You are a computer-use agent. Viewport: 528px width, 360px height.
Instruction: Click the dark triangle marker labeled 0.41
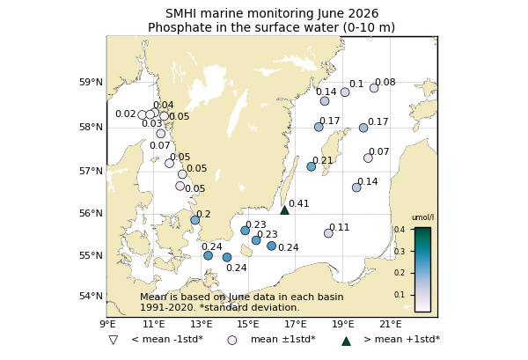click(284, 210)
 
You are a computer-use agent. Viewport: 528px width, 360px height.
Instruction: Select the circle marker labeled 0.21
click(312, 166)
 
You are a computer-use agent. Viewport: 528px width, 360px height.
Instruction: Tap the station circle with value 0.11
click(328, 233)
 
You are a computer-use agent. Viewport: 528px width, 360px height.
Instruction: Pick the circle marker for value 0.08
click(374, 88)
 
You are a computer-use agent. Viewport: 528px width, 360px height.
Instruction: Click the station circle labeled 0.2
click(195, 220)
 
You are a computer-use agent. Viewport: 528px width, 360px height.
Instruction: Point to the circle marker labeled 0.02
click(142, 114)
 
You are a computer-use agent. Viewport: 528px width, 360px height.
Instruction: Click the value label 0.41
click(298, 203)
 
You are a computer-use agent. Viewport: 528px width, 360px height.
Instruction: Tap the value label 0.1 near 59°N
click(356, 84)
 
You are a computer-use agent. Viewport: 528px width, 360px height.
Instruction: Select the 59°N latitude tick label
click(91, 82)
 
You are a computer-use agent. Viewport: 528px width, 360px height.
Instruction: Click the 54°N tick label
click(91, 296)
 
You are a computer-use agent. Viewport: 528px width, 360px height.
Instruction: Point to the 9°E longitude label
click(107, 324)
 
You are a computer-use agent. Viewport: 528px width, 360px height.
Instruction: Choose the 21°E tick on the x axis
click(391, 324)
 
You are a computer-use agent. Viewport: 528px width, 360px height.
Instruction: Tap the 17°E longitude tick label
click(296, 324)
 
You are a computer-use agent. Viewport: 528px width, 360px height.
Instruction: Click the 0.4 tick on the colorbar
click(400, 230)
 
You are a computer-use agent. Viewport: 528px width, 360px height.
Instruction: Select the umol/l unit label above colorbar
click(423, 217)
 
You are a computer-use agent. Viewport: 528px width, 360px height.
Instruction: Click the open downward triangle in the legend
click(114, 340)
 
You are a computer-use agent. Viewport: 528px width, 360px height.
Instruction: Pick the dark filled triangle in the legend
click(346, 342)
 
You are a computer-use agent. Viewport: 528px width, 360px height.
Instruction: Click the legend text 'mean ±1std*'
click(283, 339)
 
